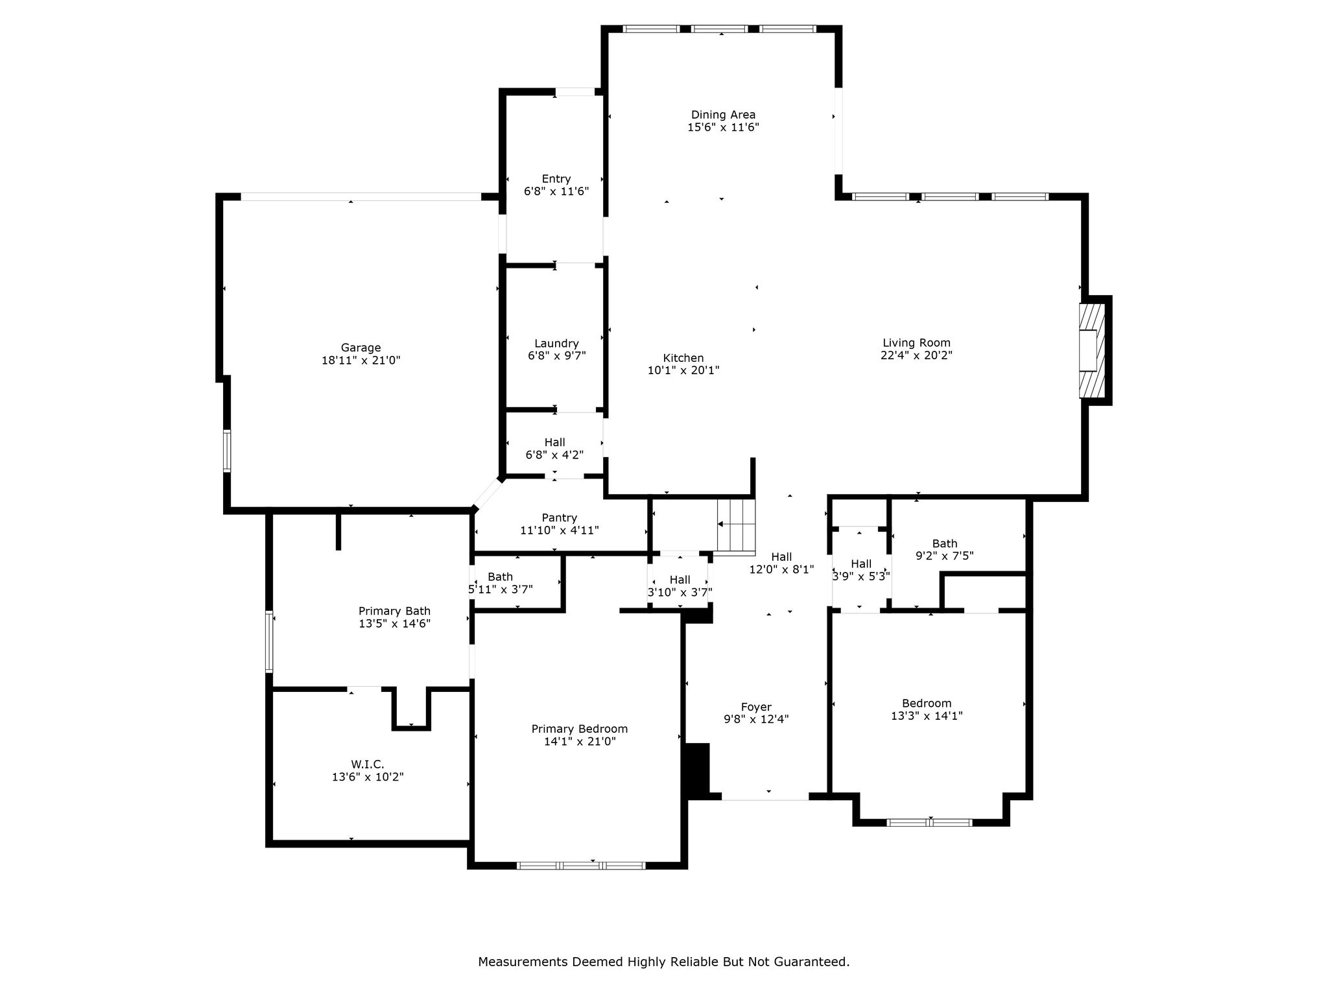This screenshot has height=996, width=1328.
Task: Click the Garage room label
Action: tap(361, 348)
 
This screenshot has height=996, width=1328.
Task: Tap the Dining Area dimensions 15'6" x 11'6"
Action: tap(723, 128)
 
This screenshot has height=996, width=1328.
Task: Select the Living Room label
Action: tap(916, 343)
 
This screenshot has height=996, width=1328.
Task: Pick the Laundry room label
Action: tap(556, 344)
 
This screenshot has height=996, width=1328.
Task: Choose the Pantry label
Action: tap(560, 517)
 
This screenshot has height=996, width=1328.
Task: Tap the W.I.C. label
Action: tap(368, 765)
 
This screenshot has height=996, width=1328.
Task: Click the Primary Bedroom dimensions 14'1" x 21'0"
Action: tap(580, 741)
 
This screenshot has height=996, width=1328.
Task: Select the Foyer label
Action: tap(756, 707)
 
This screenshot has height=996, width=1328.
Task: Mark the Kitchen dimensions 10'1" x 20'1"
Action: tap(683, 370)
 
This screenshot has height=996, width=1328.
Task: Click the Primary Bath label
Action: tap(394, 611)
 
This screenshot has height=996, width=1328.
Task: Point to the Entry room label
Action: tap(556, 179)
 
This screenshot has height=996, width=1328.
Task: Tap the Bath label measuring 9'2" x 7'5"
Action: tap(945, 543)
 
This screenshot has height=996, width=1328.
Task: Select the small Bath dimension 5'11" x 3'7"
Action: tap(501, 589)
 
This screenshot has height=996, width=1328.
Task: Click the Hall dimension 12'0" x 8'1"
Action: tap(781, 569)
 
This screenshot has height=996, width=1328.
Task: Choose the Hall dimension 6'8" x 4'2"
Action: tap(554, 455)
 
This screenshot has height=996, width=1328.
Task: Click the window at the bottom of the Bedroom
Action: tap(929, 822)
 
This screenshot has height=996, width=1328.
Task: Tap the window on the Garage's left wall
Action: tap(227, 450)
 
